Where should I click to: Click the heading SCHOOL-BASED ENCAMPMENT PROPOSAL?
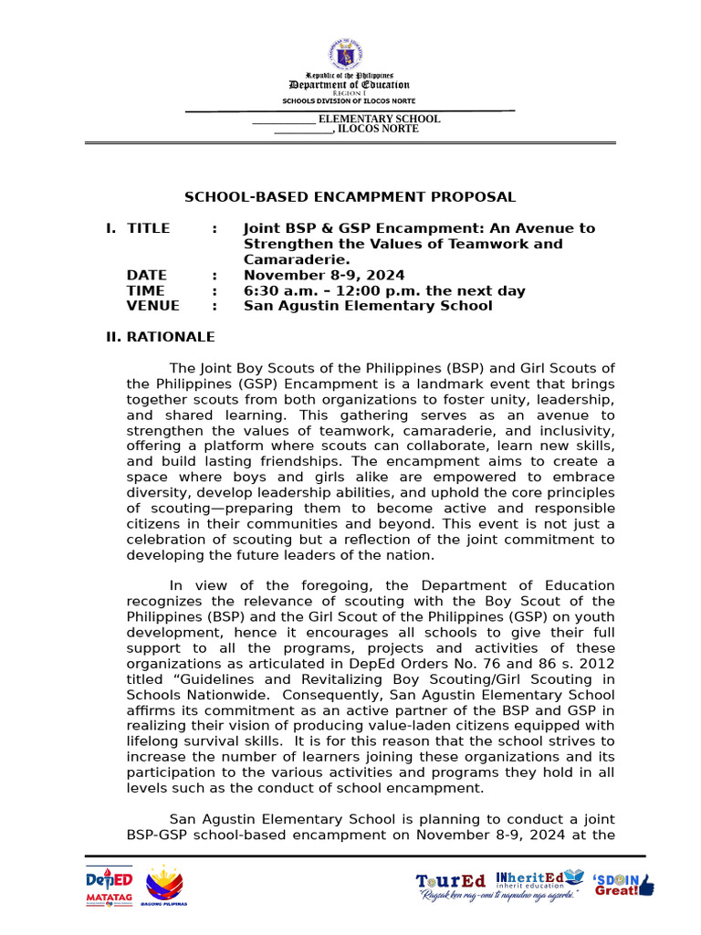pos(350,197)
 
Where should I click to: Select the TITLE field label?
pos(148,228)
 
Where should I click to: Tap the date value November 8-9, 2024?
pos(324,276)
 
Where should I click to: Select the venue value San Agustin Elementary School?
pos(367,306)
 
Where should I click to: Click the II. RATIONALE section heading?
pos(161,337)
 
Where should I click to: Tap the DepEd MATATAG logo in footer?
pos(109,886)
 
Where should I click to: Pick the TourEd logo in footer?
pos(451,881)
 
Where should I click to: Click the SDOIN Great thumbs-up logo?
pos(624,883)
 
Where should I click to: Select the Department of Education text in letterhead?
pos(350,85)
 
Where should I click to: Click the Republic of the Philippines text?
pos(350,76)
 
